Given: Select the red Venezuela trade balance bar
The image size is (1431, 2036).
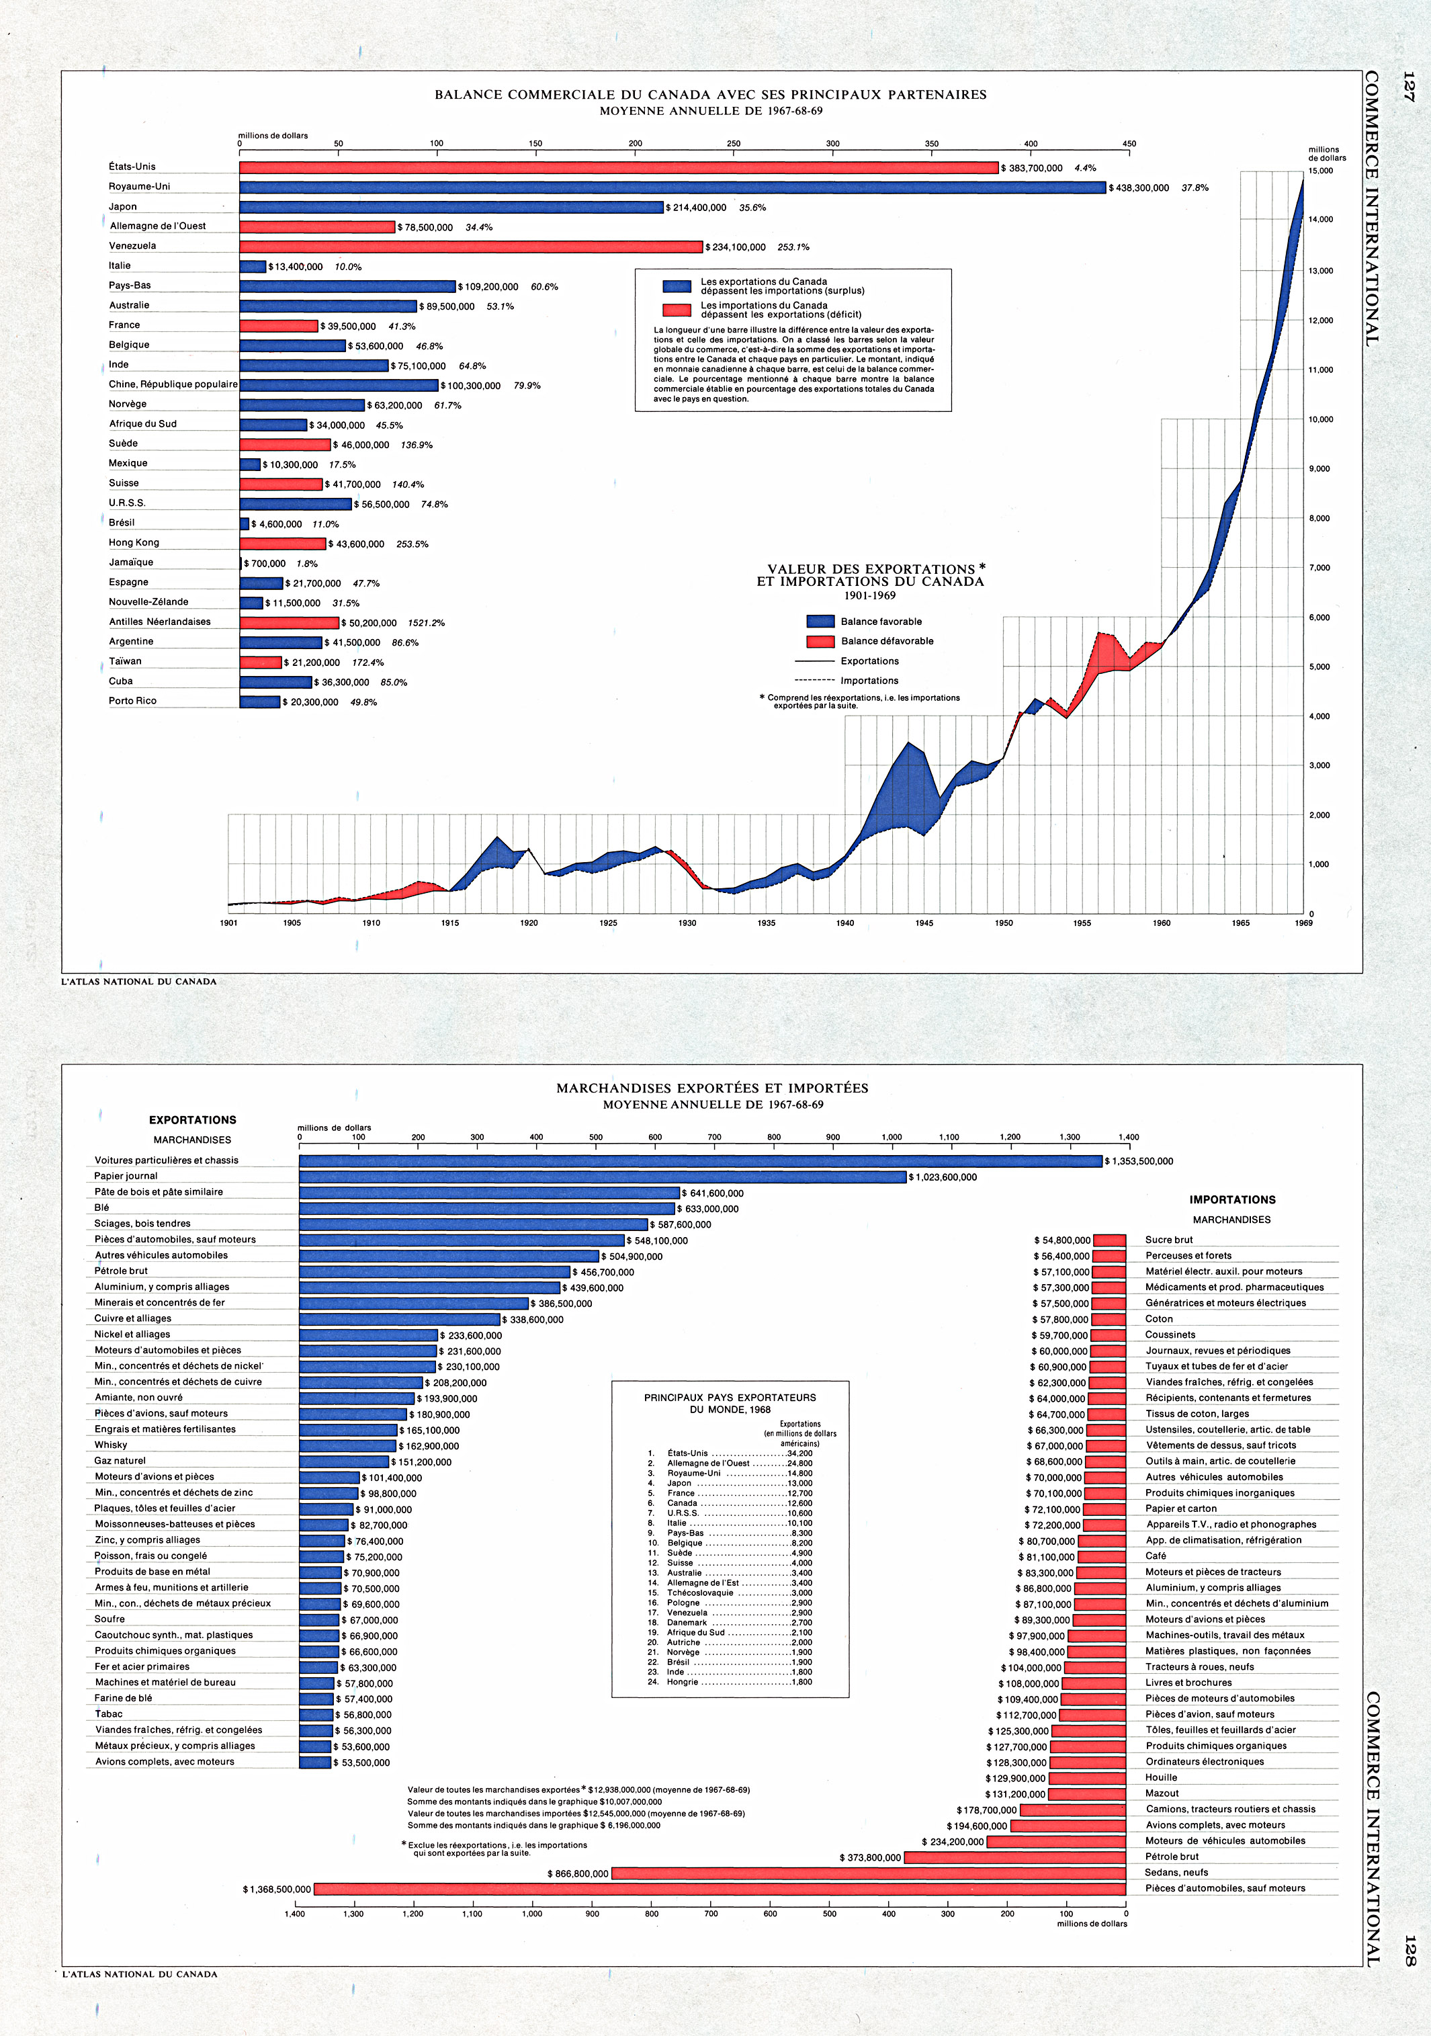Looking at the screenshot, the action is (x=471, y=247).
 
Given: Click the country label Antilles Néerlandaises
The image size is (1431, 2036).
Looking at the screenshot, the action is (x=160, y=622).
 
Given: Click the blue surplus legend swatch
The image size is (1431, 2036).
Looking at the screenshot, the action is (x=677, y=286).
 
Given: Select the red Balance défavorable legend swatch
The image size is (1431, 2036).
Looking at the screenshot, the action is (x=820, y=641).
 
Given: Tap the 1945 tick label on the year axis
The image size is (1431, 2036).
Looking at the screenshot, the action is (x=924, y=923).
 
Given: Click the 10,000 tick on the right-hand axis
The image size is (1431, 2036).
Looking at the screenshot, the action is (x=1320, y=419).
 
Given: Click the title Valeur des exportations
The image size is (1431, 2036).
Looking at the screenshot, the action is (x=871, y=569).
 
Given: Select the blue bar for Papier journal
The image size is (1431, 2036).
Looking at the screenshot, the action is (x=603, y=1177).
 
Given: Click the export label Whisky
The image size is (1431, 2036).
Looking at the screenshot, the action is (x=111, y=1445).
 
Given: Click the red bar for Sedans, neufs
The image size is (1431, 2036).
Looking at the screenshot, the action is (x=869, y=1873).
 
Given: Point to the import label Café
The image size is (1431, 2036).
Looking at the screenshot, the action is (x=1156, y=1556).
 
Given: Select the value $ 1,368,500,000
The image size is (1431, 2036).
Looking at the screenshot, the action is (x=277, y=1890).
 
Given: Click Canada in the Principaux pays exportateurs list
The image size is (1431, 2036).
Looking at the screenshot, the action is (x=683, y=1503).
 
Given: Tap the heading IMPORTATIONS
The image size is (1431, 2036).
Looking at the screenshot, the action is (x=1232, y=1200).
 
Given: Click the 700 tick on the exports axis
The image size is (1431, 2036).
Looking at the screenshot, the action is (x=715, y=1137).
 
